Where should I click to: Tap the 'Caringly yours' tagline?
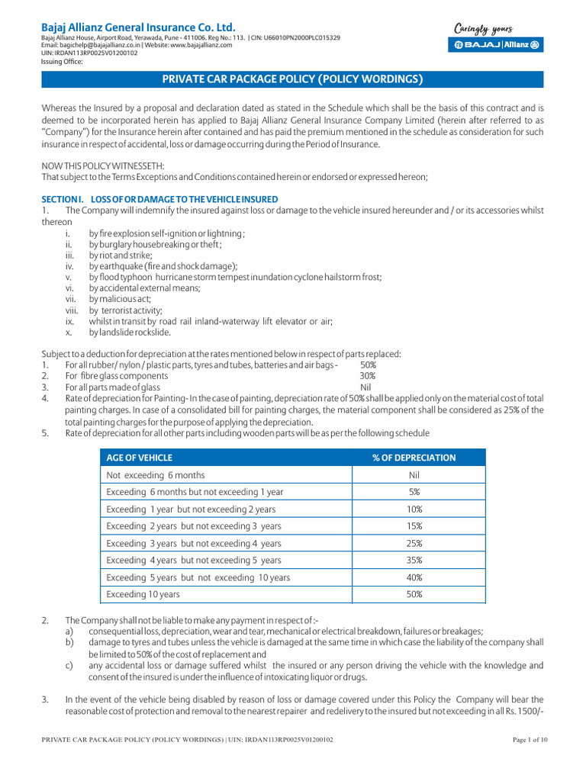tap(484, 29)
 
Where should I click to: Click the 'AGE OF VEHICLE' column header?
tap(140, 458)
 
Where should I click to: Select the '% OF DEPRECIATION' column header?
tap(414, 458)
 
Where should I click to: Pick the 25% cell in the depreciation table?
tap(414, 544)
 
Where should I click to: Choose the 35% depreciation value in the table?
tap(414, 561)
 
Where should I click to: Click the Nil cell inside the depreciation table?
tap(414, 475)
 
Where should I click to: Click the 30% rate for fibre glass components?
tap(367, 376)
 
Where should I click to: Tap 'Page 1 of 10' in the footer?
tap(526, 740)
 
